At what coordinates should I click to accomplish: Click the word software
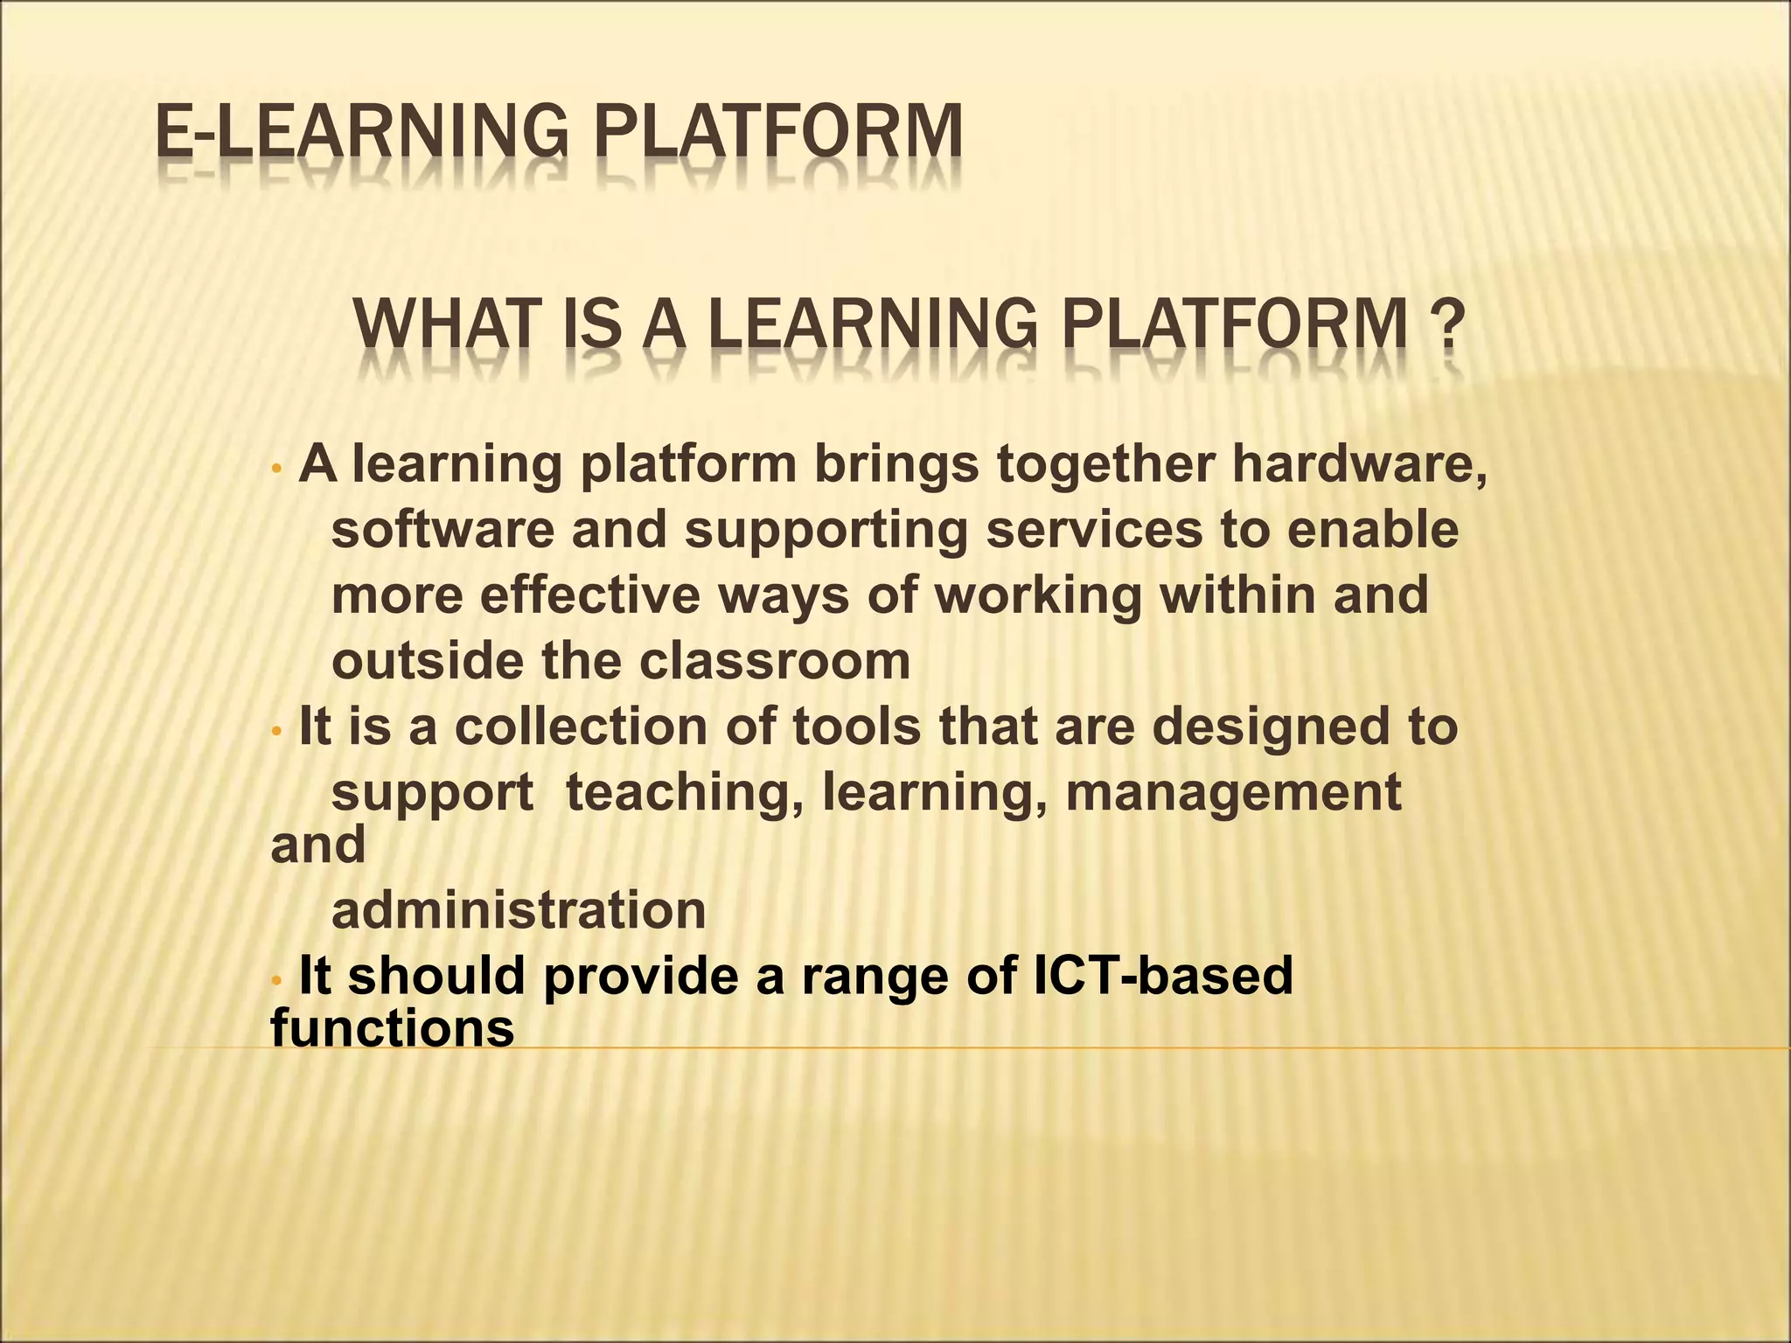click(x=443, y=530)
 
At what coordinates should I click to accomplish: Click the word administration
click(x=519, y=910)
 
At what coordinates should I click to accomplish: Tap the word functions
click(x=393, y=1027)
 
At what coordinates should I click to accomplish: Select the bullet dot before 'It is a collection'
click(x=276, y=729)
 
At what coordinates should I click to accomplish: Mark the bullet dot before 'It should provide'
click(x=276, y=979)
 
